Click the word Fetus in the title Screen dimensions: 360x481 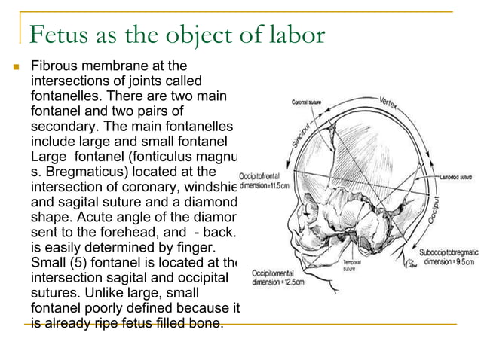[57, 35]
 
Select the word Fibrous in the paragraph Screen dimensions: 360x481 [53, 67]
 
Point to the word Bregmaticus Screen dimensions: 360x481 [83, 170]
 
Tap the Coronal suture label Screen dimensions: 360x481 [310, 101]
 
